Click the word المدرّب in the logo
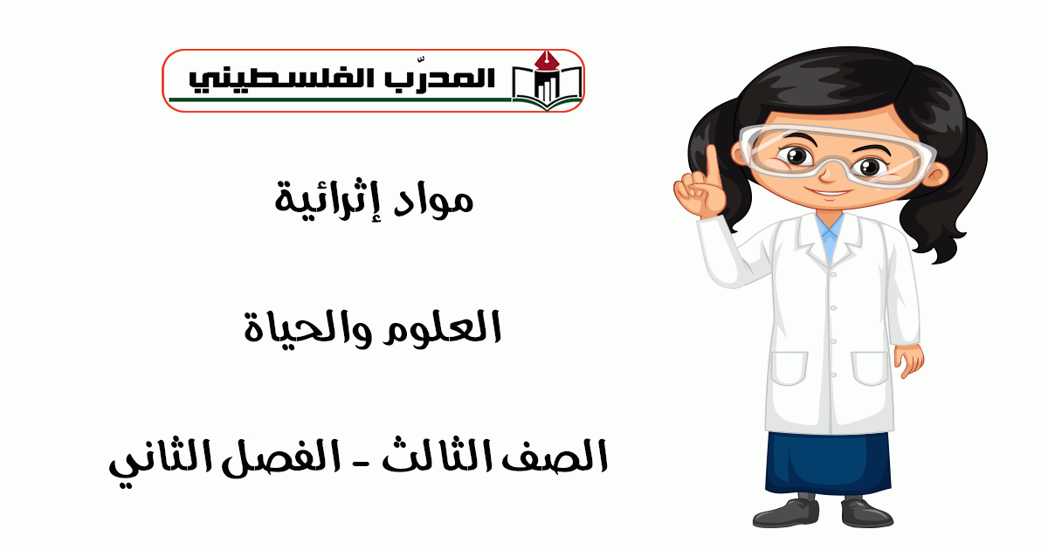coord(440,77)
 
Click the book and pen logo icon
coord(547,81)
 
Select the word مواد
coord(433,201)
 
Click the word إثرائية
coord(327,200)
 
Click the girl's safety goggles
coord(837,155)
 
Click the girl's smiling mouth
coord(829,192)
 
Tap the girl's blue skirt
coord(828,463)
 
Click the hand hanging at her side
coord(908,360)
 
